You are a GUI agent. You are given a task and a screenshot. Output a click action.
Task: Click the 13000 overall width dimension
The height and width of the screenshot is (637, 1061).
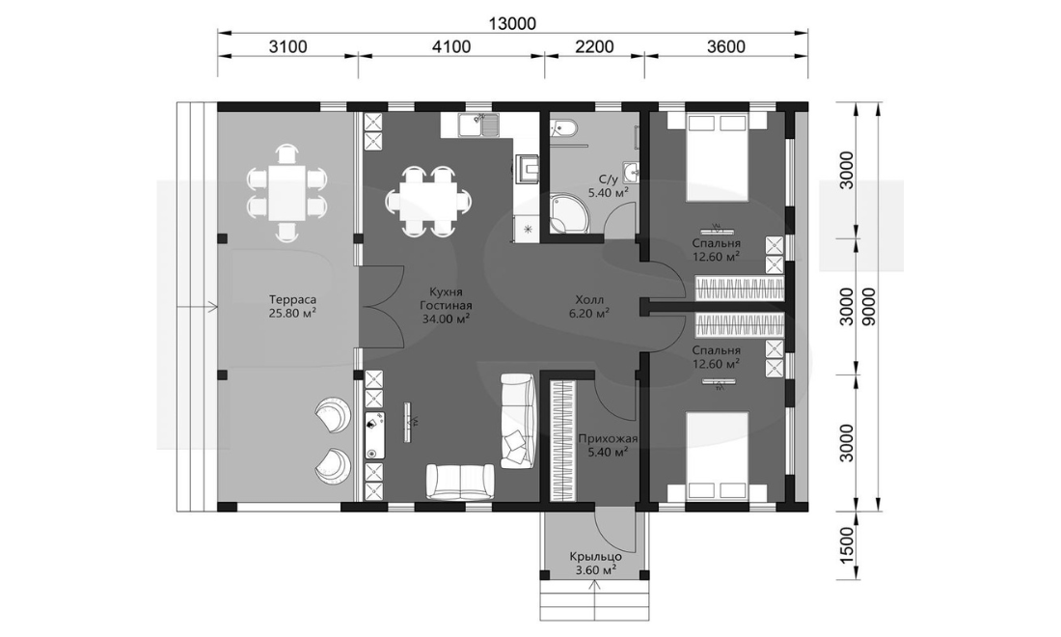[512, 23]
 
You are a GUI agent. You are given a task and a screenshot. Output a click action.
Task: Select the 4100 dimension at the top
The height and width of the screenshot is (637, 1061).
[451, 46]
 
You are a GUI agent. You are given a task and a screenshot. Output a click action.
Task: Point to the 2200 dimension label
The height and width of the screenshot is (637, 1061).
[594, 46]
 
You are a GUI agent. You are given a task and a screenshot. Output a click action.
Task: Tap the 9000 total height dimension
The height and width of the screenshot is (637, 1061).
[869, 307]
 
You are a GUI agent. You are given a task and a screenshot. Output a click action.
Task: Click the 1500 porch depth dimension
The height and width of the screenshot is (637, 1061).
[847, 546]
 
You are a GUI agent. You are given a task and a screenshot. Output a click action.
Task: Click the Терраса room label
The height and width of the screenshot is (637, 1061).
[292, 299]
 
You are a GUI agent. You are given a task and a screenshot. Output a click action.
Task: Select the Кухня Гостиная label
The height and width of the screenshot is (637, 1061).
[446, 299]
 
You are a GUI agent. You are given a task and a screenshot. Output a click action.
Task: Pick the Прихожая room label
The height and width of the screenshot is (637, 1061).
[609, 438]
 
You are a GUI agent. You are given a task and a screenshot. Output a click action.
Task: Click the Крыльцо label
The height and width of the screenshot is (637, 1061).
[595, 557]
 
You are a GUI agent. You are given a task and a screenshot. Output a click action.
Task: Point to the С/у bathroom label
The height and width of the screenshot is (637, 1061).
[609, 180]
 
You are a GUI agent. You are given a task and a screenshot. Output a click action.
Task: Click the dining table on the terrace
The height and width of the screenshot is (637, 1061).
[286, 192]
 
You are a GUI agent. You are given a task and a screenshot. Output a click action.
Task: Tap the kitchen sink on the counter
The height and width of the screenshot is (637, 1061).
[477, 125]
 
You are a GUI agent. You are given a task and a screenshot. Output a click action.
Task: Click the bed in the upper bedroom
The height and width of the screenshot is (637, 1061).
[718, 156]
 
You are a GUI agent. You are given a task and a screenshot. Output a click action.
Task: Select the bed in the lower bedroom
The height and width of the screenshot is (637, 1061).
[718, 457]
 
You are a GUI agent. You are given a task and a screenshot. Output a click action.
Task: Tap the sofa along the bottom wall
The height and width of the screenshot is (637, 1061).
[459, 482]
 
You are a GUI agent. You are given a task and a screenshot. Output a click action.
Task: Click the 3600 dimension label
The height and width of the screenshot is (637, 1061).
[725, 46]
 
